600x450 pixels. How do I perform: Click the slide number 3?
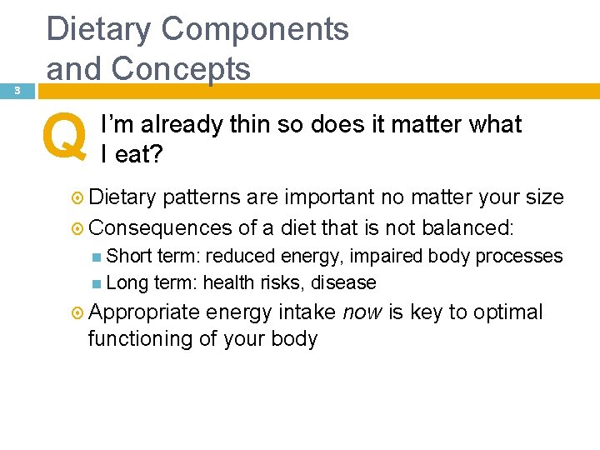pos(17,91)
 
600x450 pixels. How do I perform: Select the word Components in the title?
pos(255,29)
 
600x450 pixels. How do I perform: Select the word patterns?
pos(200,198)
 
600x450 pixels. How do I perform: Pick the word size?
pos(544,197)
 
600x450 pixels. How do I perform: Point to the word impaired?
pos(379,256)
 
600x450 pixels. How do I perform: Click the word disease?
pos(343,283)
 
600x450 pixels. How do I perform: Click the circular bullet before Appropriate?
pos(77,313)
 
